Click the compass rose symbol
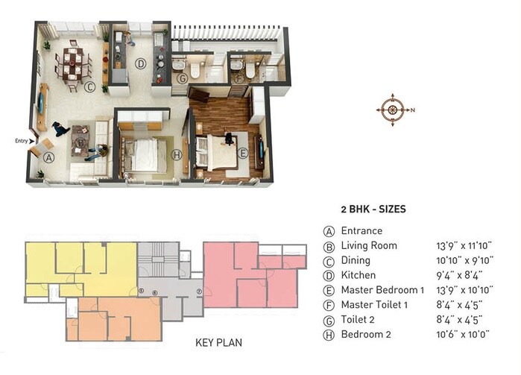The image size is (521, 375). [x=391, y=109]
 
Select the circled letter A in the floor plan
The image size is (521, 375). [x=48, y=157]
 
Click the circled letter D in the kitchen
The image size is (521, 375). [x=139, y=64]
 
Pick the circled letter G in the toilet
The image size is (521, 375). [x=182, y=77]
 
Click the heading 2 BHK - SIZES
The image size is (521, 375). [x=373, y=209]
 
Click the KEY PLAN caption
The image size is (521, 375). [x=218, y=344]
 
